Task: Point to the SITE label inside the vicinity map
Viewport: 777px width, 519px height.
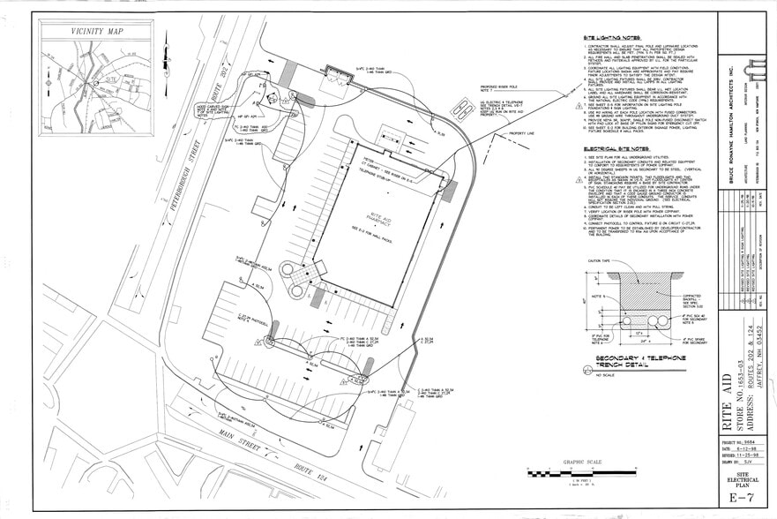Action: (x=112, y=79)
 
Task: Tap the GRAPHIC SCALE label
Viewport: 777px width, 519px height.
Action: (x=582, y=462)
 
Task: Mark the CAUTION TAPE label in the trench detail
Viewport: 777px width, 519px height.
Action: (x=601, y=262)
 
